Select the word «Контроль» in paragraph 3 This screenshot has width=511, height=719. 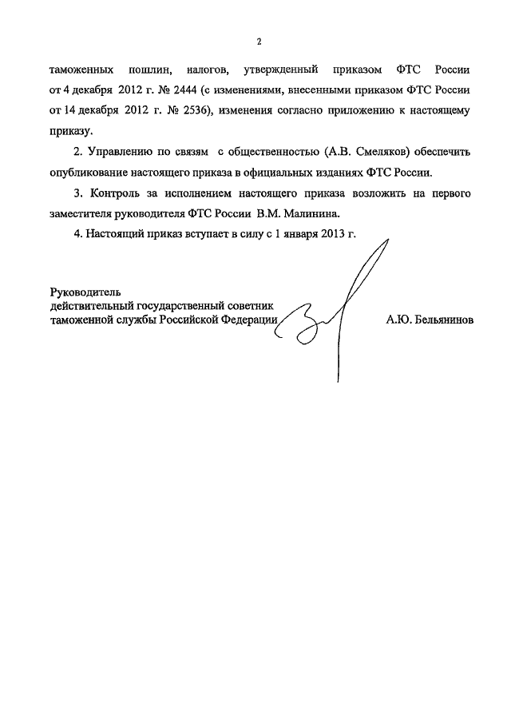pyautogui.click(x=117, y=193)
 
